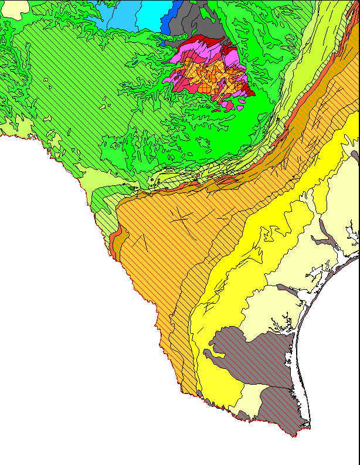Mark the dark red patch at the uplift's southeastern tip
pyautogui.click(x=247, y=91)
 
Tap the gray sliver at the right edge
pyautogui.click(x=355, y=155)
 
